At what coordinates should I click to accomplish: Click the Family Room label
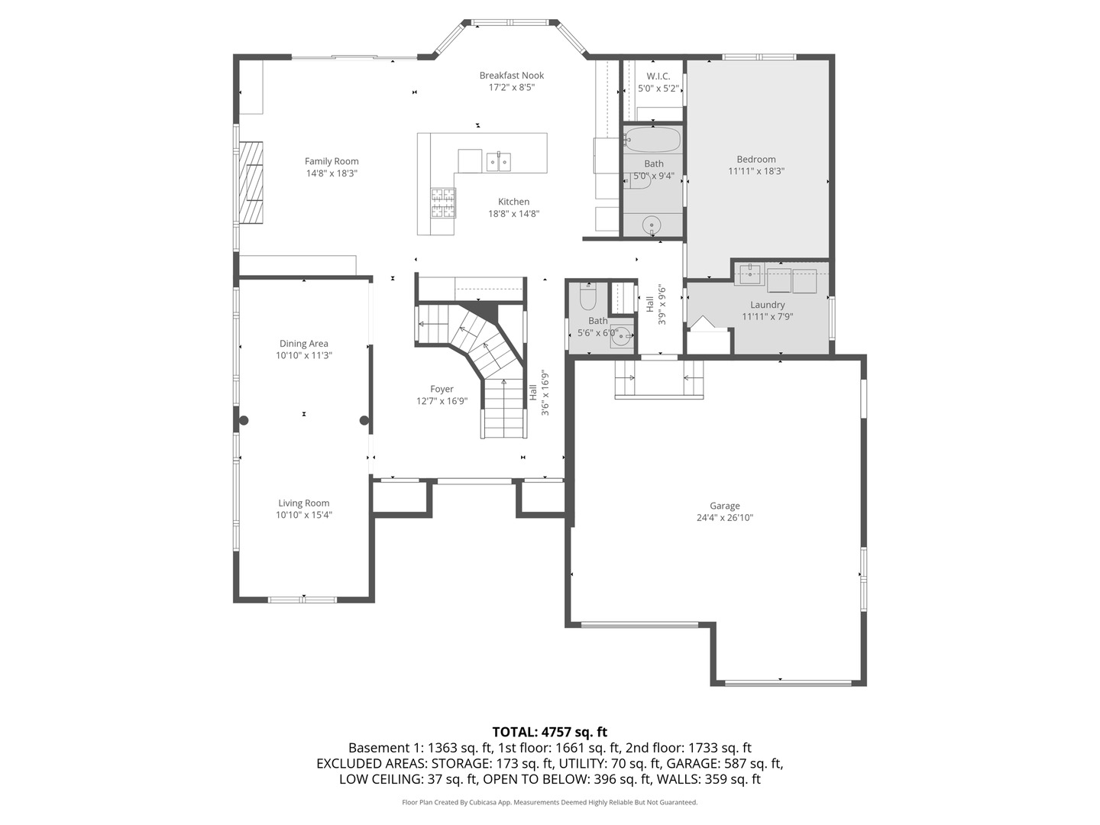point(332,161)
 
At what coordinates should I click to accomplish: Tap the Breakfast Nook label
point(511,76)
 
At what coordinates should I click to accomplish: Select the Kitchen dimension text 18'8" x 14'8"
point(513,214)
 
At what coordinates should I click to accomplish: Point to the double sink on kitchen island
point(499,162)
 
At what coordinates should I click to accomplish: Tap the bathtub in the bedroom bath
point(652,140)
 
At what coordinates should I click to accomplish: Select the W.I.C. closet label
point(658,76)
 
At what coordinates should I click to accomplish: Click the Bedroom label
point(755,160)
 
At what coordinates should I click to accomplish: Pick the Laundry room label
point(767,305)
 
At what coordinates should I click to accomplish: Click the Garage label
point(724,506)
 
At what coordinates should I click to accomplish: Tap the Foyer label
point(442,390)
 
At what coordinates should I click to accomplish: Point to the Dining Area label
point(303,344)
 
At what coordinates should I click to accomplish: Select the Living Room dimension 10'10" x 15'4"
point(303,515)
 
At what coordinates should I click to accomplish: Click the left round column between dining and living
point(244,420)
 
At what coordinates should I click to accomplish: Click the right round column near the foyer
point(364,420)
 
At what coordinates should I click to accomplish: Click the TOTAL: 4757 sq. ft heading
point(549,732)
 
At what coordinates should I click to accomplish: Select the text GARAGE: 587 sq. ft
point(724,763)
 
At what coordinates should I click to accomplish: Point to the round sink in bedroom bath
point(651,225)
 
